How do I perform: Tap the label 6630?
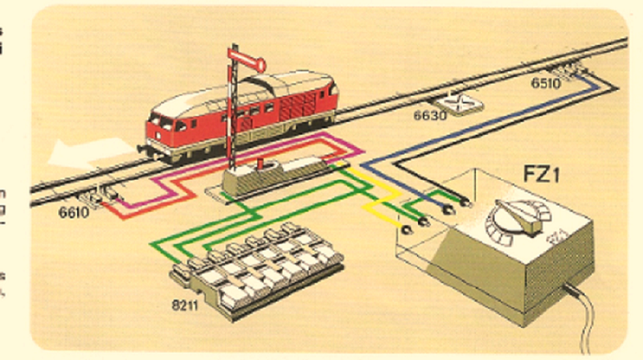click(429, 116)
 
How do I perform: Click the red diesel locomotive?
click(241, 112)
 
